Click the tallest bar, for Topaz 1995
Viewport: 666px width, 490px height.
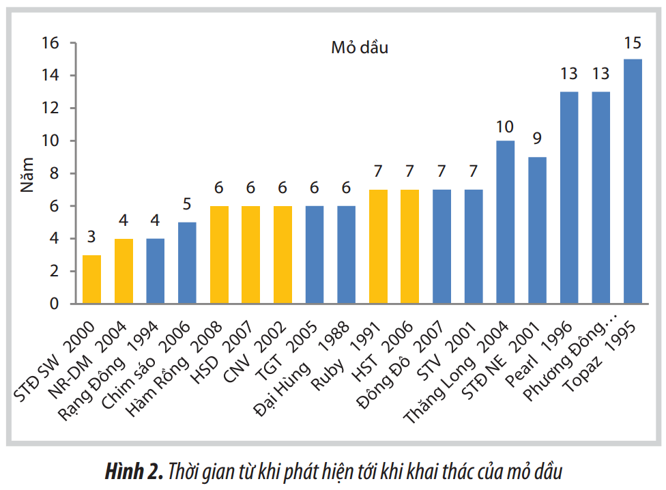click(x=633, y=181)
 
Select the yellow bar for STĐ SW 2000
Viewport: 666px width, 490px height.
click(x=91, y=279)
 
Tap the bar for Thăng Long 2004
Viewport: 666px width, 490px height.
click(x=506, y=222)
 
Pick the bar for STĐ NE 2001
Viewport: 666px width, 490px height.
click(x=537, y=230)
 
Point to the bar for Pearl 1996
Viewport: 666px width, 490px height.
click(x=569, y=197)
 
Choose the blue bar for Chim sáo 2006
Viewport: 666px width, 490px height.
click(x=187, y=263)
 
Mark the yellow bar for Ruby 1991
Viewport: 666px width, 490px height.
click(x=378, y=246)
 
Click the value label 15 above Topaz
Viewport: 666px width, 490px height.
click(x=633, y=44)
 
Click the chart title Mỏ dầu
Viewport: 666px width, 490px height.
click(x=360, y=48)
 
